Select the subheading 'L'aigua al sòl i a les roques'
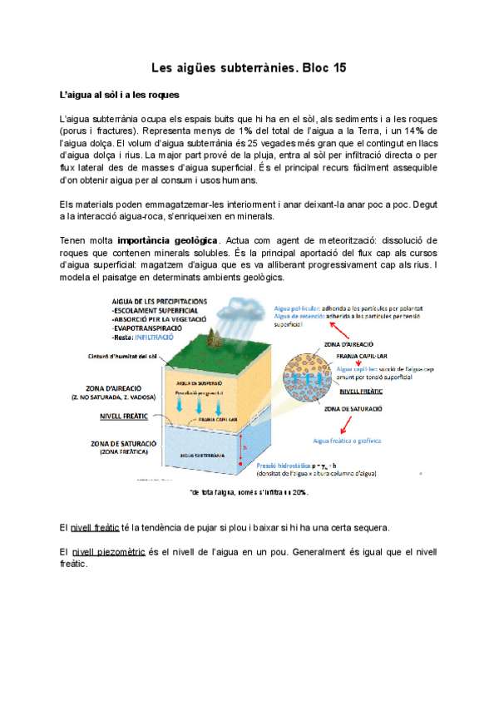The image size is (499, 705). (120, 96)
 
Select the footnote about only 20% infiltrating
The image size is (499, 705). (249, 492)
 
